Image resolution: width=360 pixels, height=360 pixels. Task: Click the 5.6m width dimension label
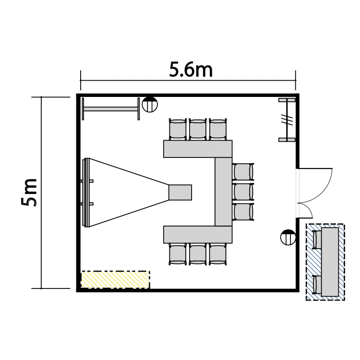[191, 69]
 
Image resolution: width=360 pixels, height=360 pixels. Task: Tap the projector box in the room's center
[180, 192]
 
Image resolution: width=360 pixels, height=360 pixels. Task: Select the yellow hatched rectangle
[115, 279]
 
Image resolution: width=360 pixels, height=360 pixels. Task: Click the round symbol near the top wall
[150, 105]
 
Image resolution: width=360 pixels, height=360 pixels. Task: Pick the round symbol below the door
[288, 237]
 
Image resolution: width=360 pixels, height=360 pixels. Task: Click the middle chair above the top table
[198, 129]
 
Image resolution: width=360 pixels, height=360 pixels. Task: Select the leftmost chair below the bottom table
[178, 254]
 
